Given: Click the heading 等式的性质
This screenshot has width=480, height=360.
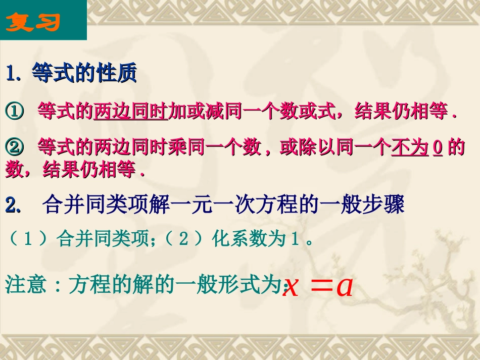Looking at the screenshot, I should tap(84, 74).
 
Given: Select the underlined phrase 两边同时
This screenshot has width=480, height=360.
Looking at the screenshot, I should tap(130, 112).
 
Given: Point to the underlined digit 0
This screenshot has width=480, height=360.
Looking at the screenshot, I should tap(438, 148).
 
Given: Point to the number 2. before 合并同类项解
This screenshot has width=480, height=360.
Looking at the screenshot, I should tap(13, 205).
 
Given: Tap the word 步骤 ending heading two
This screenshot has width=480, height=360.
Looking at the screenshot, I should tap(386, 205).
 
